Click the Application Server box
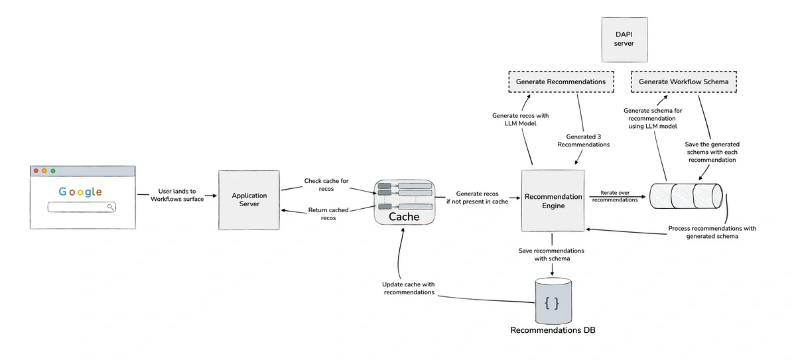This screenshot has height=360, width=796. [x=249, y=200]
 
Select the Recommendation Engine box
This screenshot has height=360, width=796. [x=553, y=200]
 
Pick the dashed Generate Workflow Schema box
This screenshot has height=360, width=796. [x=683, y=82]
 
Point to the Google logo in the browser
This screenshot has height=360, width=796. [x=80, y=192]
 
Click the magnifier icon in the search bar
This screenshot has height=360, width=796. [x=111, y=208]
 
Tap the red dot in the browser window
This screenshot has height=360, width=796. [x=36, y=171]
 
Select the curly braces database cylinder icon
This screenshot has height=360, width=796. [x=553, y=302]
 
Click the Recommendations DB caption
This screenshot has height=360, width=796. [x=553, y=330]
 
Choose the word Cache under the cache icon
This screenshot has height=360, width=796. [x=404, y=217]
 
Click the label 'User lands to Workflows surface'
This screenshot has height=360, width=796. [x=177, y=195]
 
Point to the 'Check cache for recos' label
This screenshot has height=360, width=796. [x=326, y=185]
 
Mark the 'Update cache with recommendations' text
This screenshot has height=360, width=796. [x=409, y=288]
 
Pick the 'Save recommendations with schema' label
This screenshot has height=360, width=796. [x=552, y=255]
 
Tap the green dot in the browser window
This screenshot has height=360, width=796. [x=52, y=171]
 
